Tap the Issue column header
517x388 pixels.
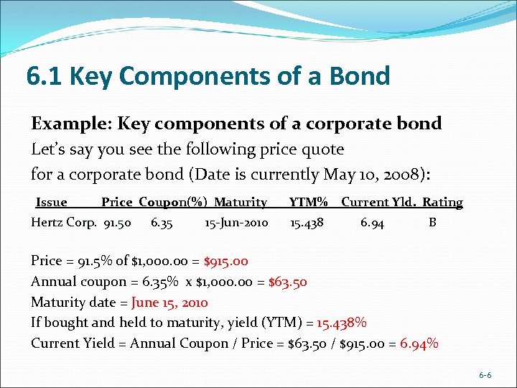(51, 203)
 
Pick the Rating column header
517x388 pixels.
(442, 203)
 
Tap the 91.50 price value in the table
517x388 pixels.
(118, 223)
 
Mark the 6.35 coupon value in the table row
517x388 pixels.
(162, 223)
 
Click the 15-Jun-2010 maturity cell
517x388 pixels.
(236, 223)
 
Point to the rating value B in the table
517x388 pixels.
(432, 223)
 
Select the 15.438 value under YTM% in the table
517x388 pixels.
(307, 223)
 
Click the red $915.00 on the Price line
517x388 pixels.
(226, 262)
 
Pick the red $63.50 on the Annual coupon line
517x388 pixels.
(287, 282)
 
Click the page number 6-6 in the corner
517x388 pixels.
(485, 375)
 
